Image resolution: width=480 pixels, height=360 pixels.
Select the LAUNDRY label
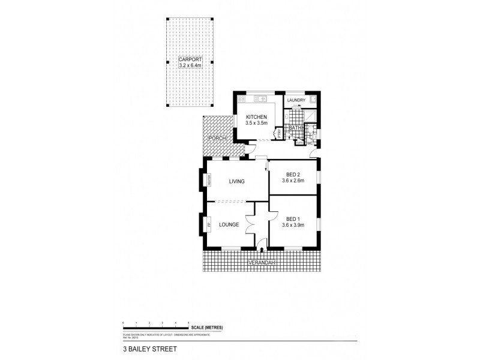pyautogui.click(x=296, y=100)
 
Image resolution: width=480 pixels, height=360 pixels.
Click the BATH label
pyautogui.click(x=295, y=128)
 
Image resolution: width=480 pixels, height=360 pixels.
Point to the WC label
pyautogui.click(x=310, y=143)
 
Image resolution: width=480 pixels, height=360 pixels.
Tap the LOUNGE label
pyautogui.click(x=229, y=225)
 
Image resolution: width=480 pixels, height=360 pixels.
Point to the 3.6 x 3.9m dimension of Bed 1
pyautogui.click(x=294, y=226)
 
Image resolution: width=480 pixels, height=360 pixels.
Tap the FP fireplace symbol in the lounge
pyautogui.click(x=209, y=225)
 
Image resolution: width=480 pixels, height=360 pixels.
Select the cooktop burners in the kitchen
pyautogui.click(x=242, y=99)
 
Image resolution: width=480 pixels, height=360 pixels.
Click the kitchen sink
pyautogui.click(x=262, y=98)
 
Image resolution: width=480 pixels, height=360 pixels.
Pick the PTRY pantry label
pyautogui.click(x=278, y=133)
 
